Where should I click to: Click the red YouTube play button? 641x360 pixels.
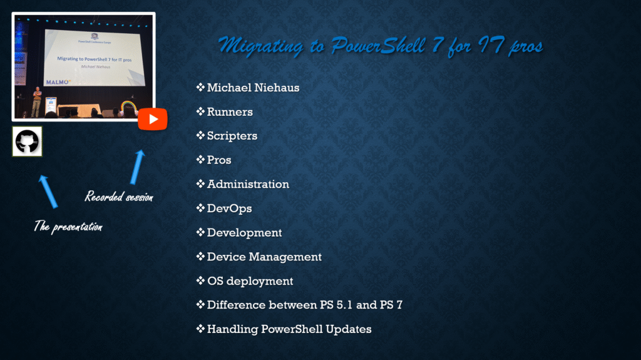153,119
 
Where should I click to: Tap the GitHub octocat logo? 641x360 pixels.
27,141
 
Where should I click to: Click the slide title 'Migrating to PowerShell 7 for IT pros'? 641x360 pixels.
381,46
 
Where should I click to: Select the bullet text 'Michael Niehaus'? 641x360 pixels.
253,88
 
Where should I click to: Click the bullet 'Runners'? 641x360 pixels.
230,111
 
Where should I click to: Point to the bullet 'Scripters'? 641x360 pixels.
232,136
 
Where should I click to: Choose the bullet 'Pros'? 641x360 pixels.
219,160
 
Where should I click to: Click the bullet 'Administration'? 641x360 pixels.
248,184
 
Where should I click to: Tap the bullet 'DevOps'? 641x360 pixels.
229,208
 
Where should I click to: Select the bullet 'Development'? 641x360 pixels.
245,232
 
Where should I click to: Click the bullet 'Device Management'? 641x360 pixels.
264,257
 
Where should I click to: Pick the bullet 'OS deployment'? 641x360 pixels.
250,281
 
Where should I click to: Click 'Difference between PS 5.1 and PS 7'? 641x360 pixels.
305,305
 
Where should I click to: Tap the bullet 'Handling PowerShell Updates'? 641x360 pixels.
289,329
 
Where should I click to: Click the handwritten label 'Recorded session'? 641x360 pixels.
119,197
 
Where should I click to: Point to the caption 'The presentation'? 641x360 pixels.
68,226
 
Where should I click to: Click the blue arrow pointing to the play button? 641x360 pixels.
137,167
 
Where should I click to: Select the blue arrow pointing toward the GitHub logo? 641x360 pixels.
48,192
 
